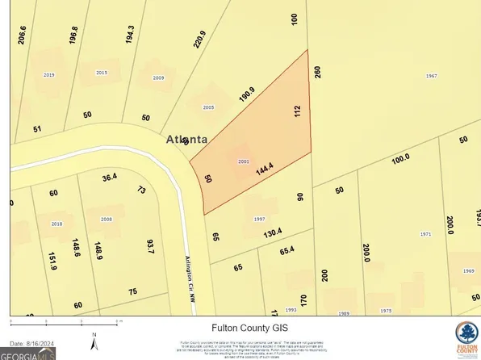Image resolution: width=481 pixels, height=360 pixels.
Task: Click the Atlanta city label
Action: click(x=186, y=138)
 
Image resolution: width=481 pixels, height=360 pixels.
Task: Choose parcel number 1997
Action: click(x=259, y=219)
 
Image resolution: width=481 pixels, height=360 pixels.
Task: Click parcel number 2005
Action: click(x=208, y=107)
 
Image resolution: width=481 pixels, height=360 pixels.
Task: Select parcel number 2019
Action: click(x=48, y=74)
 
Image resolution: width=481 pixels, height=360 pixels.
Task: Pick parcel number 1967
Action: click(x=432, y=76)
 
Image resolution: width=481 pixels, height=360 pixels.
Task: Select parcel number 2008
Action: click(x=107, y=219)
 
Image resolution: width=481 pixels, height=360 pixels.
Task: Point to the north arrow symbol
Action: click(x=94, y=341)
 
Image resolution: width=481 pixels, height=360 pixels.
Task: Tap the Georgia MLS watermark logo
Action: click(x=29, y=353)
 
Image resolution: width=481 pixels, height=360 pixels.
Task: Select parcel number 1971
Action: click(x=426, y=233)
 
